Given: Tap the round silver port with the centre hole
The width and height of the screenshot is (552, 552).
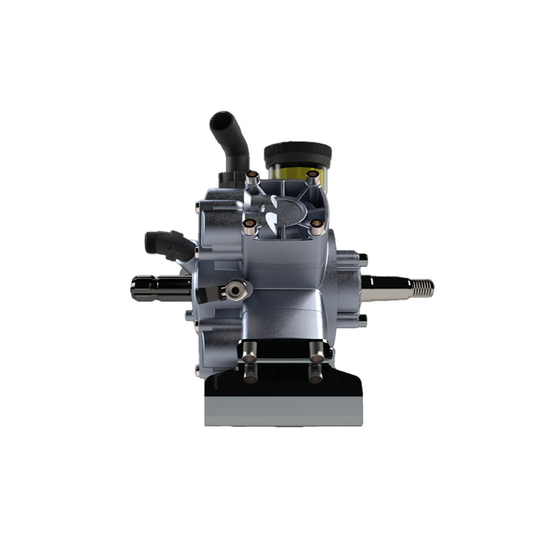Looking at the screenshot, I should (238, 288).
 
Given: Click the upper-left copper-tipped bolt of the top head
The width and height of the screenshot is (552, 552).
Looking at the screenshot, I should (252, 178).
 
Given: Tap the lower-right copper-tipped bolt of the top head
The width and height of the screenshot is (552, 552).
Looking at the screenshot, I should (316, 225).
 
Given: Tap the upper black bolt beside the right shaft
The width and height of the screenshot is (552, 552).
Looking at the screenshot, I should (363, 258).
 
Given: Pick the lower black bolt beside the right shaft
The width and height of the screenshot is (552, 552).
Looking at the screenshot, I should (363, 318).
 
